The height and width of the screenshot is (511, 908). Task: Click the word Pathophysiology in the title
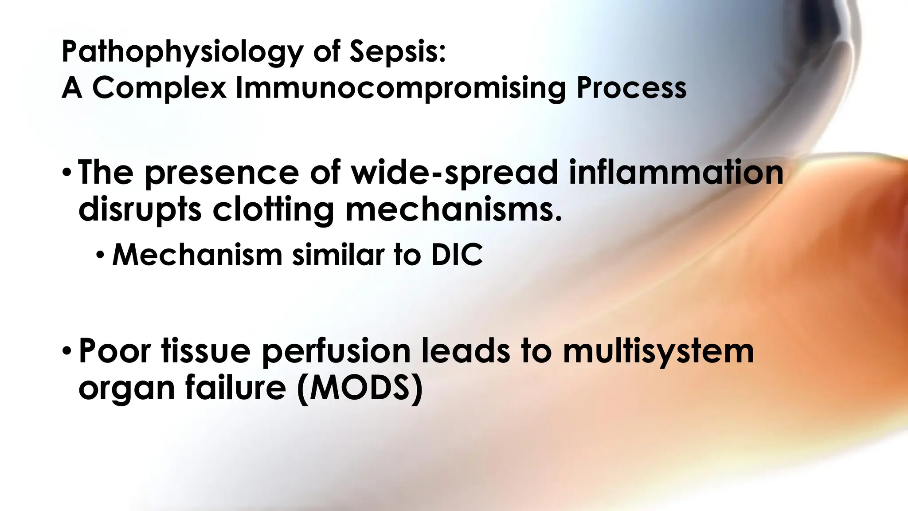[x=182, y=52]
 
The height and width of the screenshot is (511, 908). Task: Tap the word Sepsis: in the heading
[x=397, y=52]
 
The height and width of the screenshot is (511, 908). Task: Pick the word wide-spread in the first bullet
[x=454, y=173]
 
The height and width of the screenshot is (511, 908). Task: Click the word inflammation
[x=676, y=172]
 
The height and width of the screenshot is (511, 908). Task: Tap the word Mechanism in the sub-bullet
[x=197, y=255]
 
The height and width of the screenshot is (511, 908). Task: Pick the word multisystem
[x=658, y=351]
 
